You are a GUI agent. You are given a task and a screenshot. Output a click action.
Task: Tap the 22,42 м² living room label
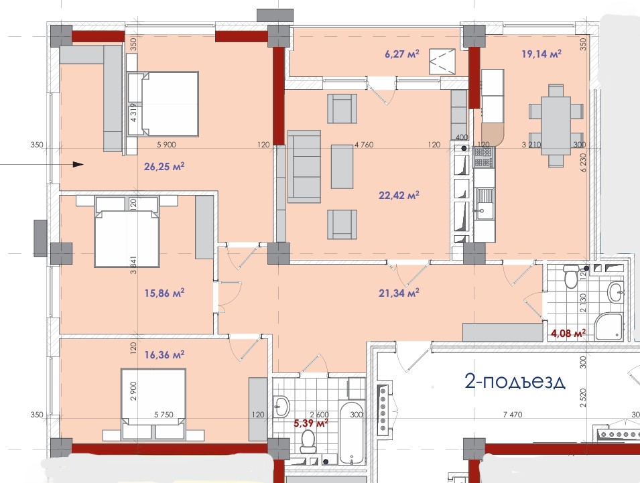pyautogui.click(x=399, y=196)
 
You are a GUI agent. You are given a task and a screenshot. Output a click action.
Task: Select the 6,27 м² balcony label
pyautogui.click(x=402, y=54)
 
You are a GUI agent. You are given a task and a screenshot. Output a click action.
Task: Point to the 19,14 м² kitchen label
pyautogui.click(x=541, y=54)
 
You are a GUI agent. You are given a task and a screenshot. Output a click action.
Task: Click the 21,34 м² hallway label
pyautogui.click(x=399, y=293)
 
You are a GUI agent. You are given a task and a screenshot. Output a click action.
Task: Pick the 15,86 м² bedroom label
pyautogui.click(x=164, y=293)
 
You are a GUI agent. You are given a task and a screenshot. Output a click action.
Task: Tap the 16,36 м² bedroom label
pyautogui.click(x=164, y=355)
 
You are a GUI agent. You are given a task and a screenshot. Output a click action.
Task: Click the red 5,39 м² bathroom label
pyautogui.click(x=311, y=423)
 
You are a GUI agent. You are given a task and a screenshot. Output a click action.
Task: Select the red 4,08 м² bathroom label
pyautogui.click(x=568, y=334)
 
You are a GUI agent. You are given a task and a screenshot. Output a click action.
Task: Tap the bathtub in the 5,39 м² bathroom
pyautogui.click(x=350, y=432)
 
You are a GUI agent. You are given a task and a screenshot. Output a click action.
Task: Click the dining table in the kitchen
pyautogui.click(x=556, y=125)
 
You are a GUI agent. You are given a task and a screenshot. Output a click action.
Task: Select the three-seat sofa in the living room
pyautogui.click(x=304, y=166)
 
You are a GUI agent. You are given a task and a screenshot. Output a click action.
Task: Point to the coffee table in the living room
pyautogui.click(x=342, y=166)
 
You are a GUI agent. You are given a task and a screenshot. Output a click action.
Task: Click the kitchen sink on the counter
pyautogui.click(x=484, y=204)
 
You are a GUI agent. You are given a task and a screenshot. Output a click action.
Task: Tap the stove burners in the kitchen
pyautogui.click(x=484, y=157)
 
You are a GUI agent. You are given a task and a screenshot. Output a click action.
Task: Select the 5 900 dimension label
pyautogui.click(x=166, y=145)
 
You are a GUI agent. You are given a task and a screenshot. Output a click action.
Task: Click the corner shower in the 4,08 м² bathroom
pyautogui.click(x=609, y=326)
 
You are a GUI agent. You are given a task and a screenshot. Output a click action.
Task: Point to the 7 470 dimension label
pyautogui.click(x=513, y=415)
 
